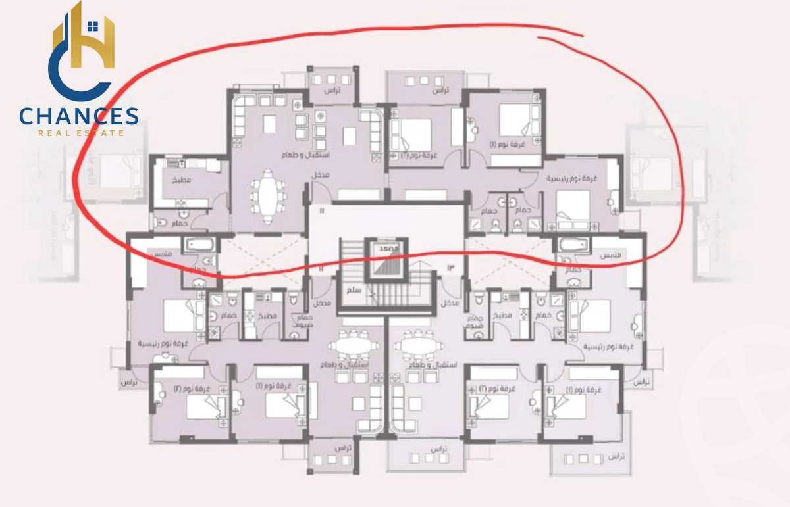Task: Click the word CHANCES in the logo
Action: pyautogui.click(x=79, y=117)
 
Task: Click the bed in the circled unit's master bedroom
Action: pyautogui.click(x=571, y=205)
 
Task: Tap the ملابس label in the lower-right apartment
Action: pyautogui.click(x=614, y=255)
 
